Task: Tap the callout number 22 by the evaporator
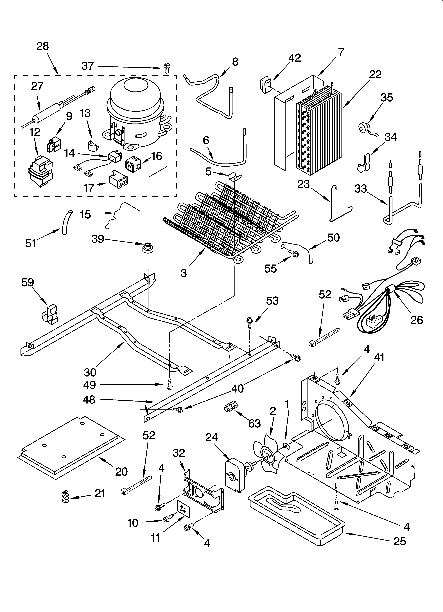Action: coord(375,75)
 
